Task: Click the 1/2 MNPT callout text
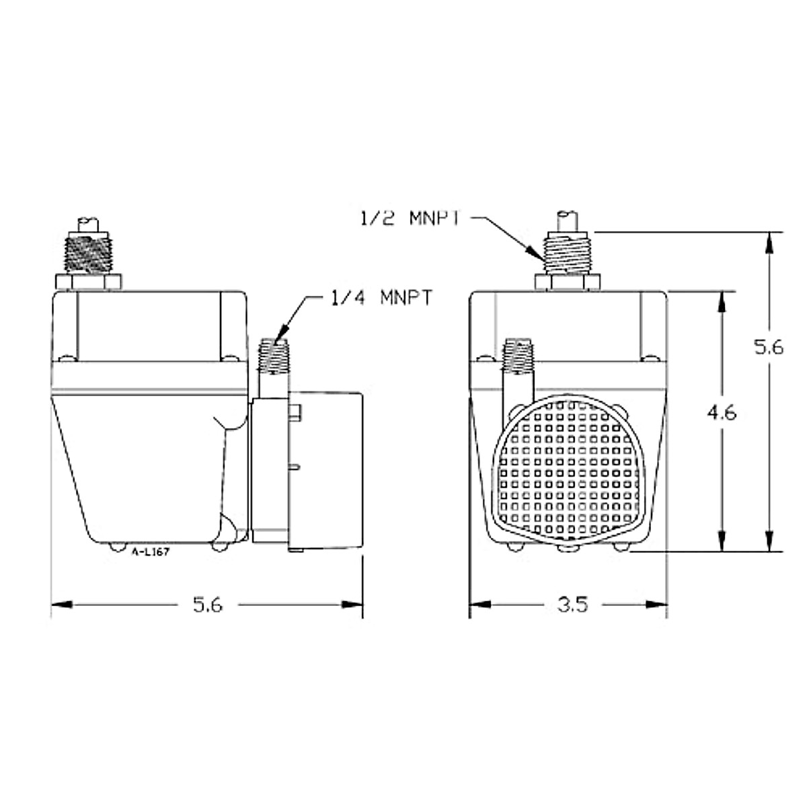pyautogui.click(x=409, y=219)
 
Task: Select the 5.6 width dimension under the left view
pyautogui.click(x=207, y=605)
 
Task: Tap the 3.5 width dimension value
pyautogui.click(x=573, y=605)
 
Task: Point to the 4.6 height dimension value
pyautogui.click(x=722, y=412)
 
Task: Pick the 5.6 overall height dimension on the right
pyautogui.click(x=768, y=348)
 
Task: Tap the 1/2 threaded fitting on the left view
pyautogui.click(x=89, y=254)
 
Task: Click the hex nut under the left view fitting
pyautogui.click(x=89, y=281)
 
